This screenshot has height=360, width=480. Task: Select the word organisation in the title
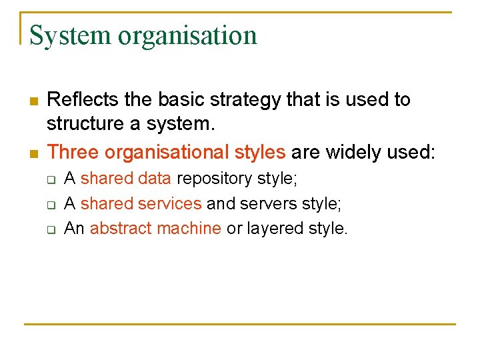187,35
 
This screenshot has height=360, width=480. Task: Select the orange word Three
73,152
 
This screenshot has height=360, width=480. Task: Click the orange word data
155,179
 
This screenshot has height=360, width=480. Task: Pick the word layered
275,228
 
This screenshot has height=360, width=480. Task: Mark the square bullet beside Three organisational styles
33,153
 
